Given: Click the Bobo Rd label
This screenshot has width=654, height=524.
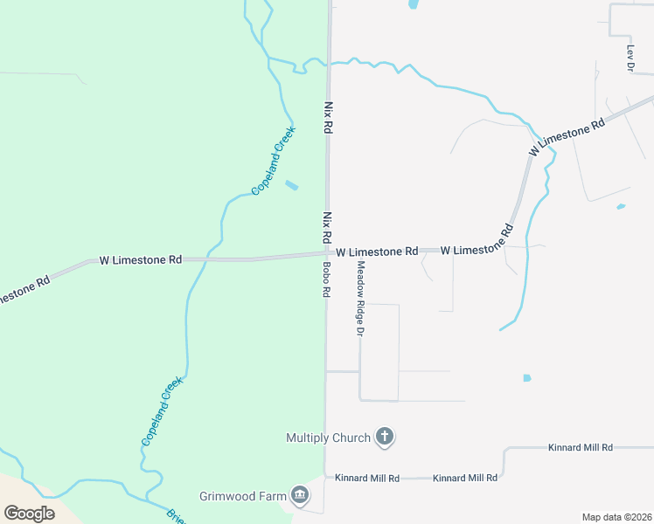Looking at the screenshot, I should tap(325, 280).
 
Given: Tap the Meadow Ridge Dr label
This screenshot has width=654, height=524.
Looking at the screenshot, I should tap(358, 298).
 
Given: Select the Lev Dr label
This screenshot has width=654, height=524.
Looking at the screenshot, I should tap(630, 58).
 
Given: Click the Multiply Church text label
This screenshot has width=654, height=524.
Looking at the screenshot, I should tap(328, 437).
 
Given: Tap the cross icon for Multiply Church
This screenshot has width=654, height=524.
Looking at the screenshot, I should tap(384, 437).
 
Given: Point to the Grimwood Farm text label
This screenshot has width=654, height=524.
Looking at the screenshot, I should tap(242, 496).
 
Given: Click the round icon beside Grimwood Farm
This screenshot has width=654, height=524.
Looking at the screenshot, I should tap(300, 496).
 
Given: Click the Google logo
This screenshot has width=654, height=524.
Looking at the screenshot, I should tap(29, 513).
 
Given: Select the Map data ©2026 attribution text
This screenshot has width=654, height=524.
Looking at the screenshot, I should tap(616, 517).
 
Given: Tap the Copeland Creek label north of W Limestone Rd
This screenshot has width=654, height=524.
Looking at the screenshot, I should tap(274, 161).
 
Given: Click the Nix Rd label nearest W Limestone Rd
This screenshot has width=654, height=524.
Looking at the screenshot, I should tap(327, 226).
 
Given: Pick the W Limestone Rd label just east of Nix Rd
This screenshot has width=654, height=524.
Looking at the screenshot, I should tap(377, 251).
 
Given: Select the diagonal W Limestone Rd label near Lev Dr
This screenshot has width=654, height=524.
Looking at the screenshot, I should tap(567, 138).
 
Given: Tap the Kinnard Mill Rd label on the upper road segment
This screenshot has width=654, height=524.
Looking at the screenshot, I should tap(581, 447).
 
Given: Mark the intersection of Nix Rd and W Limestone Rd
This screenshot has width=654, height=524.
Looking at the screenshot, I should tap(327, 253).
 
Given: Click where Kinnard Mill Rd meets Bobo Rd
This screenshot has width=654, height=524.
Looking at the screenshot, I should tap(325, 477).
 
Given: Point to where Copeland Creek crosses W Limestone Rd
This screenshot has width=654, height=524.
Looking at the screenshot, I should tap(208, 259).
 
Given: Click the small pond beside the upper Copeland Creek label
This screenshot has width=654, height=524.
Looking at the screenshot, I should tap(291, 185).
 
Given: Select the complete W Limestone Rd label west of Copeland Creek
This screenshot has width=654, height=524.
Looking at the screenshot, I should tap(140, 259).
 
